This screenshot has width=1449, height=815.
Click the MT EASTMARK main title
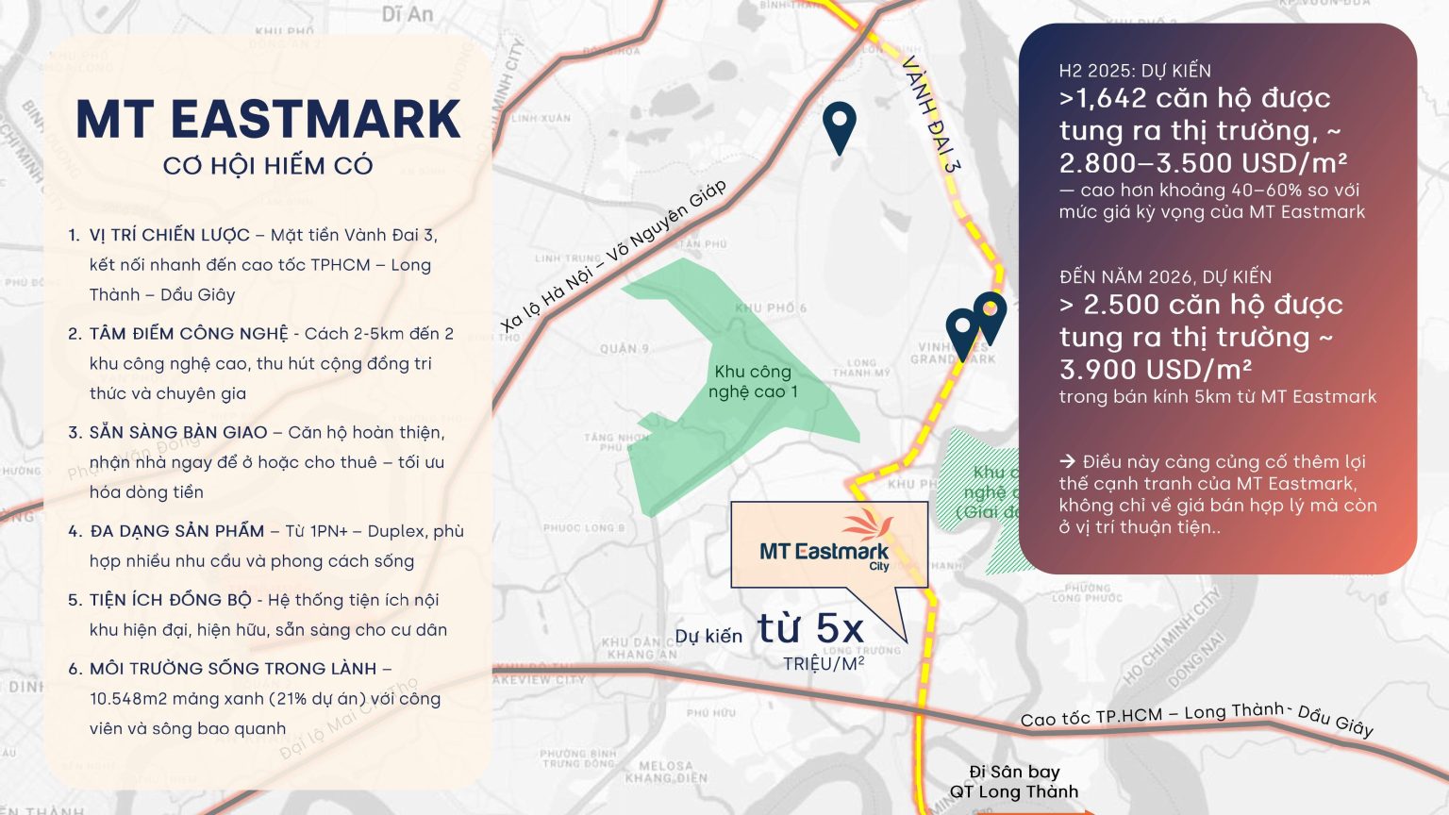268,120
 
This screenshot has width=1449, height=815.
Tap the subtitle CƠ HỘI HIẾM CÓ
268,166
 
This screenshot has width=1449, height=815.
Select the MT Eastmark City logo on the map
826,546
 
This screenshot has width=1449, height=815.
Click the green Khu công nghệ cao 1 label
753,381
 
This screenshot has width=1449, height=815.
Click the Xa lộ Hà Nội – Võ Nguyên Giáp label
613,256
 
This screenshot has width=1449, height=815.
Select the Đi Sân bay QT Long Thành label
1014,782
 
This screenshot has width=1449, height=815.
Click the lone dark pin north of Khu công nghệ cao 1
839,126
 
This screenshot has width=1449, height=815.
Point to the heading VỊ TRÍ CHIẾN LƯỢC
170,235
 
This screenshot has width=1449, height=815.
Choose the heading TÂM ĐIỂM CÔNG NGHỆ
189,334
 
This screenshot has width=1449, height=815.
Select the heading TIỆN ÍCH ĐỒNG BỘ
171,600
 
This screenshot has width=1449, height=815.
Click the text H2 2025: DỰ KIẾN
1135,71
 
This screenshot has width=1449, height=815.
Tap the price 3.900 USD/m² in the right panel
1156,370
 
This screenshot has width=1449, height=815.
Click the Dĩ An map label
408,14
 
